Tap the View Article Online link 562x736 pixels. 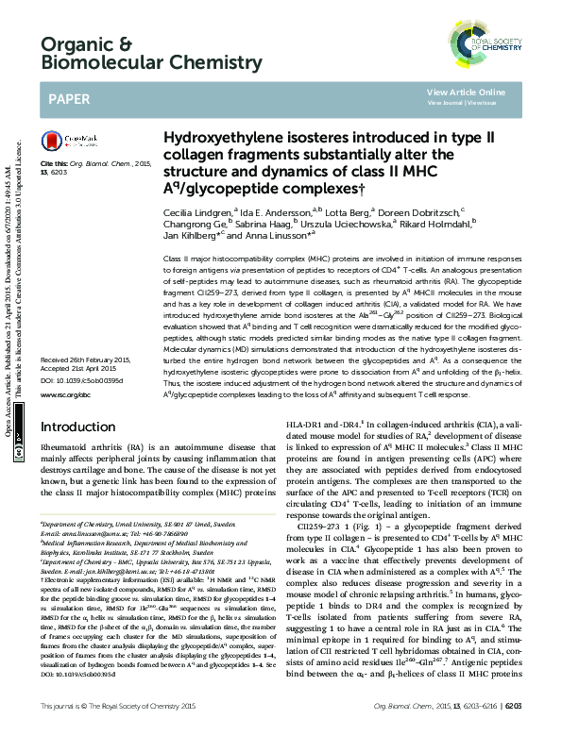466,92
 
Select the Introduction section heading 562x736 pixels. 77,454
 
